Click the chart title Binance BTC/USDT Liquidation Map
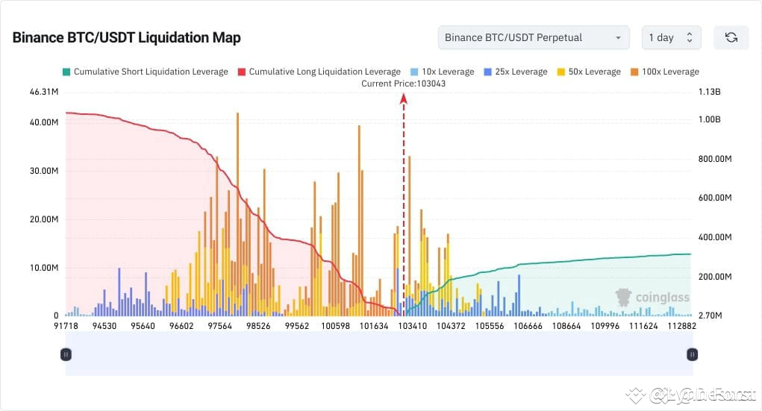click(x=126, y=37)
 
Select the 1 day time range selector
click(x=671, y=37)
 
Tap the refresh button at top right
click(x=731, y=37)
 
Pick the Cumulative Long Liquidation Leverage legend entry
click(x=319, y=72)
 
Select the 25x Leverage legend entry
click(x=515, y=72)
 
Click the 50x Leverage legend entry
click(x=588, y=72)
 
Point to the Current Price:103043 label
click(x=404, y=84)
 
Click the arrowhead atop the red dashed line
click(x=404, y=96)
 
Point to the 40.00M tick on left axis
click(x=43, y=122)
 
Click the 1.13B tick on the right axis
click(x=709, y=92)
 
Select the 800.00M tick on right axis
click(x=714, y=159)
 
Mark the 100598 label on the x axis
click(x=337, y=326)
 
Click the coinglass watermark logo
click(x=652, y=298)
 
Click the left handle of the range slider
click(x=66, y=354)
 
